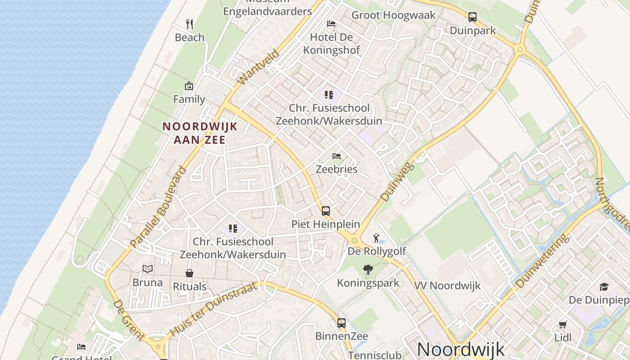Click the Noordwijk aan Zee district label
[200, 133]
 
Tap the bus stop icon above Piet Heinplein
[325, 211]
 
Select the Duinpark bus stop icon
[472, 17]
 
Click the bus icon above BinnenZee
[341, 323]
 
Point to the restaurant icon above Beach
[189, 24]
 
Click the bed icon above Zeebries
[336, 156]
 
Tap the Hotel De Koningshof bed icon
[331, 23]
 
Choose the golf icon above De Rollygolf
[376, 238]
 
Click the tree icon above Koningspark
[368, 270]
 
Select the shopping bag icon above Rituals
[189, 273]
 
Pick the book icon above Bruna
[148, 269]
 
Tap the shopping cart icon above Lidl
[562, 324]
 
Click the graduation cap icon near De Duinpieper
[603, 287]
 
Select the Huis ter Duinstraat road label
[213, 310]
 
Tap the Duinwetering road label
[542, 261]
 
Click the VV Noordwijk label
[447, 285]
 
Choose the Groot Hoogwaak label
[393, 15]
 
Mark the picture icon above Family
[189, 86]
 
